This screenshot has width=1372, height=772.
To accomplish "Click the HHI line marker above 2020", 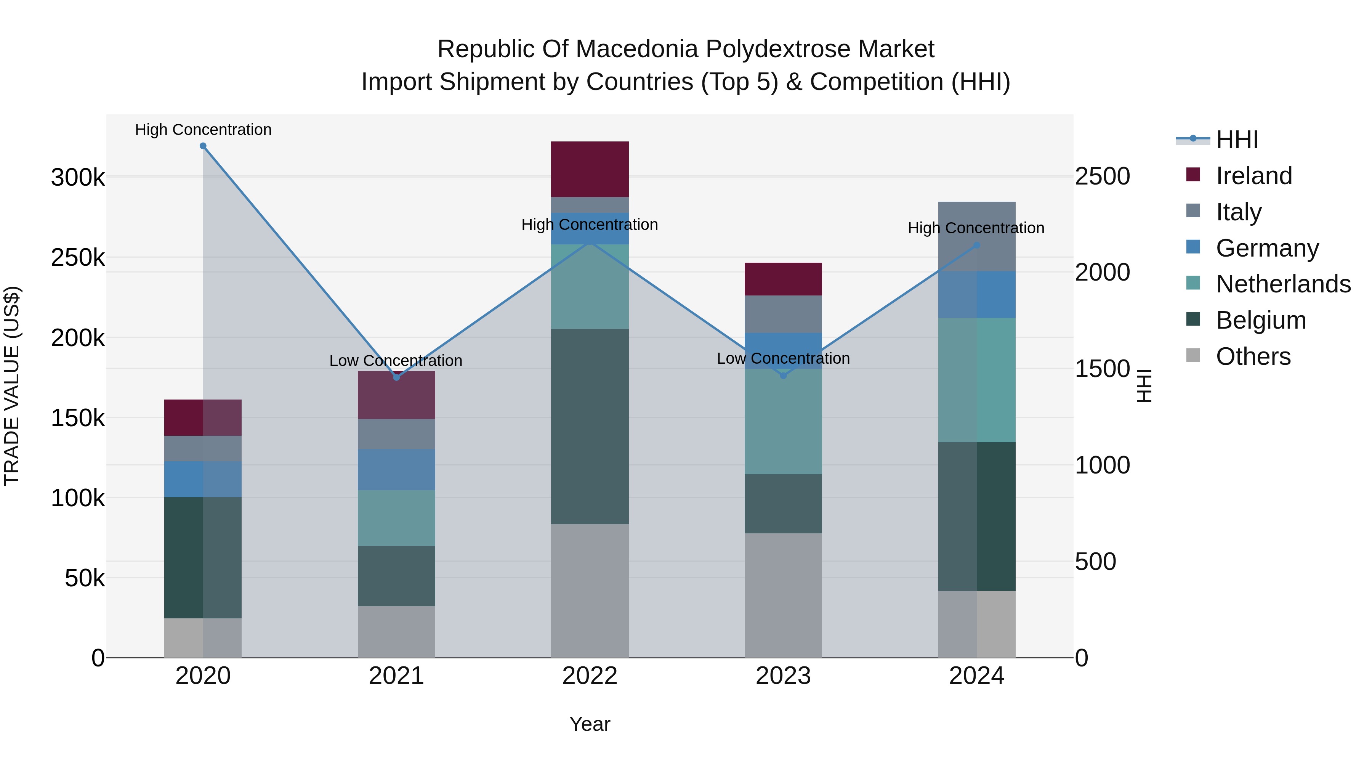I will point(203,146).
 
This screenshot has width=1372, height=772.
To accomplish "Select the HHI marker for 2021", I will point(396,377).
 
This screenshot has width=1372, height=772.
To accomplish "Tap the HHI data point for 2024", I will point(976,246).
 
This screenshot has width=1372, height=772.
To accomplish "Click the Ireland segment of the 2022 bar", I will point(590,169).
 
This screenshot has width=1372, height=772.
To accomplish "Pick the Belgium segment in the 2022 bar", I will point(590,426).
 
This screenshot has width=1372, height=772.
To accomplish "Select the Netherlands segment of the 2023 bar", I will point(783,421).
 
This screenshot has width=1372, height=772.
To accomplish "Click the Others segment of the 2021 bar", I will point(396,631).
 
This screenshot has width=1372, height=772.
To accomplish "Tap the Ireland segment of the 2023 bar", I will point(783,279).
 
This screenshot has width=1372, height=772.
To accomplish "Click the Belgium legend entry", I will point(1261,321).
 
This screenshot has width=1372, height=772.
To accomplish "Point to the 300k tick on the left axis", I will point(78,177).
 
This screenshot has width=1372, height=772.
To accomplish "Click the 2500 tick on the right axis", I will point(1102,177).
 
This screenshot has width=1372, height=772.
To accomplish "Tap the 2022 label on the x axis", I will point(590,676).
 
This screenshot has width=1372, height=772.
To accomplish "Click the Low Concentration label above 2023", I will point(783,359).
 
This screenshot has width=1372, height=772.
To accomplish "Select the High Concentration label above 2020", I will point(203,130).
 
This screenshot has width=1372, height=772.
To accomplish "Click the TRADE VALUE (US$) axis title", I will point(12,386).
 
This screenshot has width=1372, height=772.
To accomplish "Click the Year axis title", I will point(590,724).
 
